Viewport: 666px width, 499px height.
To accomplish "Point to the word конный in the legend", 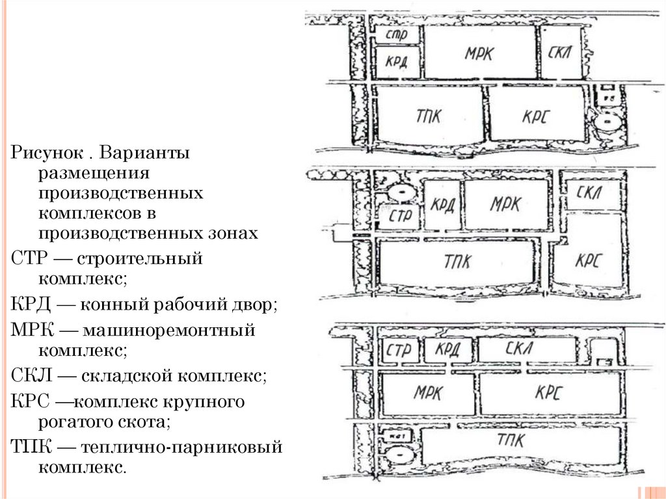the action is coord(111,304).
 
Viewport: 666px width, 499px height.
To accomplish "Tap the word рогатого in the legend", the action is coord(73,422).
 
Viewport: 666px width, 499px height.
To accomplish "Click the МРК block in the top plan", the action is coord(480,53).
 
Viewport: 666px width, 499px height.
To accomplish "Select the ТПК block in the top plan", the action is coord(430,115).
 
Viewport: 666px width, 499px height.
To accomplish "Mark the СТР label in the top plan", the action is coord(396,34).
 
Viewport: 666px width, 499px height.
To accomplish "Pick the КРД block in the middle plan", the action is coord(442,204).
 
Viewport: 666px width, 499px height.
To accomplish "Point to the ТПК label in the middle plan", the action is coord(459,262).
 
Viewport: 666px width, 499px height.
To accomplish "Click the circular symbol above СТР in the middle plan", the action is coord(398,192).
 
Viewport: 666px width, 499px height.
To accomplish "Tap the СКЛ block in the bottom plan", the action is coord(527,349).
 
